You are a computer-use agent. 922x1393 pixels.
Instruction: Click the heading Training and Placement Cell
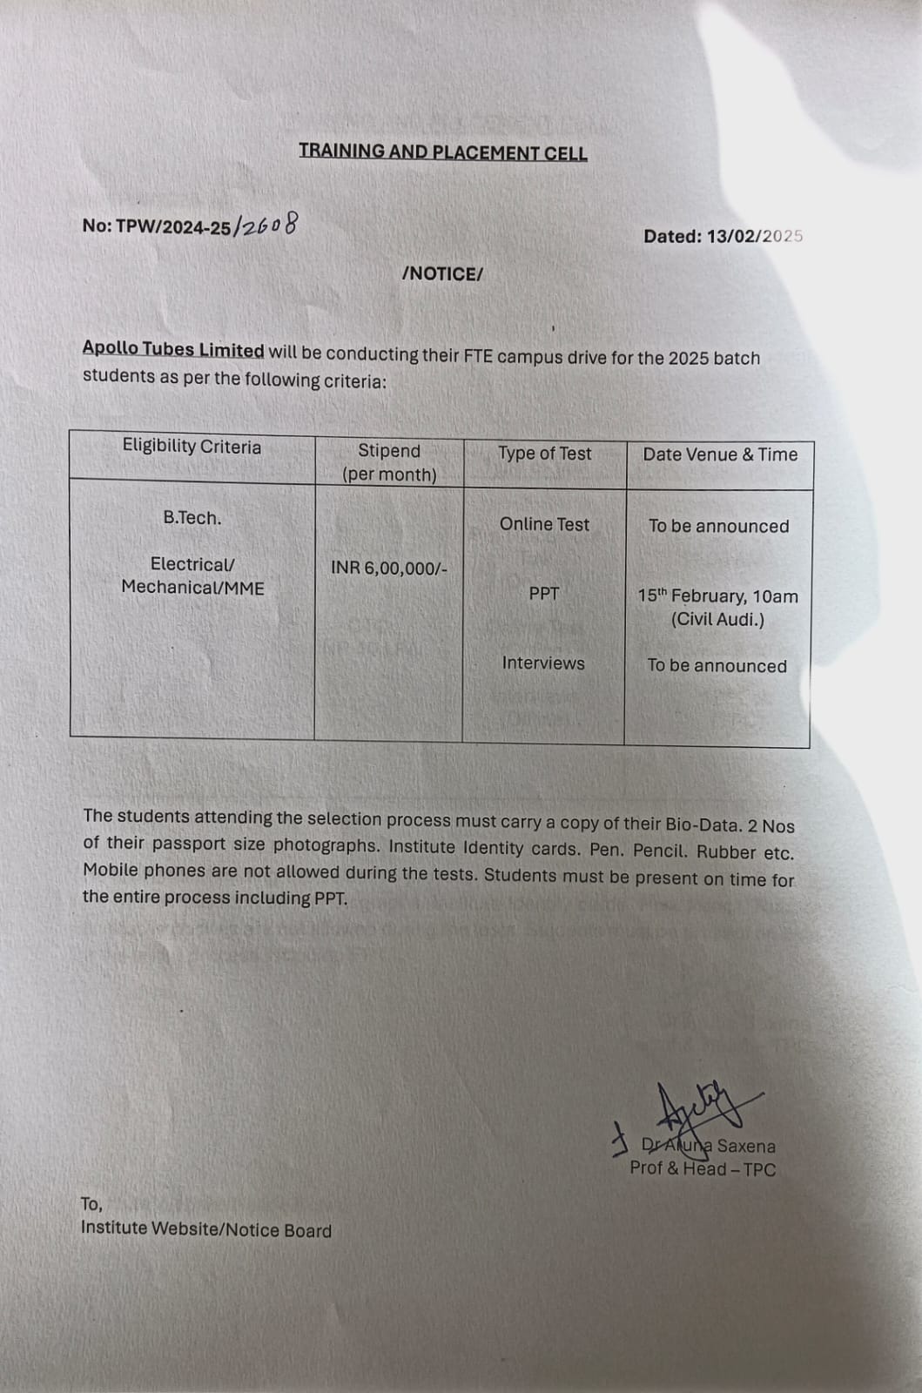[x=443, y=152]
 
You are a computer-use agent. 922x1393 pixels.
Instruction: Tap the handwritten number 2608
[x=267, y=225]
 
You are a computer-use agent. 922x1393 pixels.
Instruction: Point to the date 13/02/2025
[x=755, y=236]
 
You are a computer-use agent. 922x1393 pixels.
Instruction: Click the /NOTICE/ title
[x=442, y=274]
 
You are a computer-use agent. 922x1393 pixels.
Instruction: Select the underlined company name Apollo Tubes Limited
[x=173, y=350]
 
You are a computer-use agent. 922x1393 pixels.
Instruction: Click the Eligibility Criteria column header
[x=192, y=447]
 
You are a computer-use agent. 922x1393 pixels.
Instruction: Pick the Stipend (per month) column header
[x=389, y=462]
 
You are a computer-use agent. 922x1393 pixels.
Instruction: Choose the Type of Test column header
[x=544, y=454]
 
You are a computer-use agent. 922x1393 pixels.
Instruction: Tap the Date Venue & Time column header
[x=720, y=454]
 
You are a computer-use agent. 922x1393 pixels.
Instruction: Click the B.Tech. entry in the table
[x=192, y=518]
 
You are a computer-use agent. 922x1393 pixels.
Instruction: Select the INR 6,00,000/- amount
[x=389, y=569]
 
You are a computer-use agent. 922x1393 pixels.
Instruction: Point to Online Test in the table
[x=544, y=524]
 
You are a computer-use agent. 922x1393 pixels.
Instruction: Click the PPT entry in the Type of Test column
[x=544, y=594]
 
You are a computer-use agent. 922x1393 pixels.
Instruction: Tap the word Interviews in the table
[x=543, y=663]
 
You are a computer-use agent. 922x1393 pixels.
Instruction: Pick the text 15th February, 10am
[x=717, y=596]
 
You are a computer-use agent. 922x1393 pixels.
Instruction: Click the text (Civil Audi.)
[x=717, y=620]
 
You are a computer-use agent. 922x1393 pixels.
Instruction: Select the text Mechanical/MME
[x=192, y=588]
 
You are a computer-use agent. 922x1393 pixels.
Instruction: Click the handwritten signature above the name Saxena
[x=697, y=1111]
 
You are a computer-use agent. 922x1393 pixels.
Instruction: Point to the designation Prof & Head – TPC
[x=703, y=1169]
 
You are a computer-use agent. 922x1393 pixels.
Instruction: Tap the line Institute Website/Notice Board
[x=206, y=1230]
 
